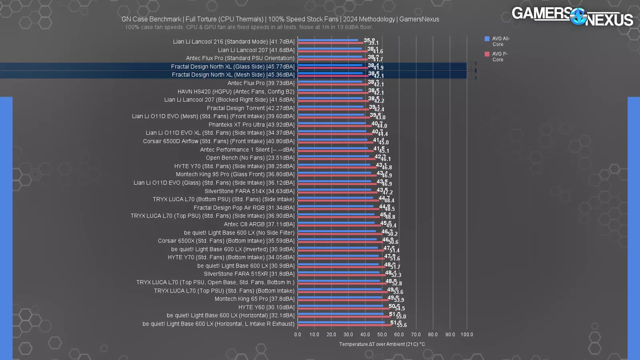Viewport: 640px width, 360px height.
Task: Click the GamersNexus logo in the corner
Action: (x=572, y=16)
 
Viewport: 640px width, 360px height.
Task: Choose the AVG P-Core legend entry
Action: (x=496, y=56)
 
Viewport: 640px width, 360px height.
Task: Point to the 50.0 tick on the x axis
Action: (x=382, y=334)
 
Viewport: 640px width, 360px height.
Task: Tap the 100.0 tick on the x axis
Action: (x=466, y=334)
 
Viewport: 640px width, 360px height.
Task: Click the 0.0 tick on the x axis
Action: (x=298, y=334)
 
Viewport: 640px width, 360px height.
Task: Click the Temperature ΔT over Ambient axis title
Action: (x=382, y=344)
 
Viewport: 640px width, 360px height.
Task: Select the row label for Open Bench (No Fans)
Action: (x=250, y=158)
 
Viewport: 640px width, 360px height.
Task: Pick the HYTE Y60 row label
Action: (x=266, y=307)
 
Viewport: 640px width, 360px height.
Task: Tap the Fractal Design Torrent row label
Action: (x=250, y=108)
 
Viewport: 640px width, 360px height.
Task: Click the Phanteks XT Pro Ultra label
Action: (x=251, y=124)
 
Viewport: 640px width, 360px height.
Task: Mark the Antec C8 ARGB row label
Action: (x=259, y=224)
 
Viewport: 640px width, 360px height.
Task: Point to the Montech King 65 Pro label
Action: (x=254, y=299)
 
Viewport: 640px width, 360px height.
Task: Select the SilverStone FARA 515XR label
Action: (x=249, y=274)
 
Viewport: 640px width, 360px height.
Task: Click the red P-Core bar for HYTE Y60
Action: (x=343, y=308)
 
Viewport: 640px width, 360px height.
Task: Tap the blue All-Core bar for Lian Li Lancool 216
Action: (x=328, y=40)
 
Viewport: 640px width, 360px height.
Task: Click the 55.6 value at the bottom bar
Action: (x=402, y=325)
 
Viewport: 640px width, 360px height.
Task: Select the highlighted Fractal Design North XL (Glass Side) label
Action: (x=232, y=66)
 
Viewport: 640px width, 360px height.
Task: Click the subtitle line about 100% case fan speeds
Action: (x=249, y=27)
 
